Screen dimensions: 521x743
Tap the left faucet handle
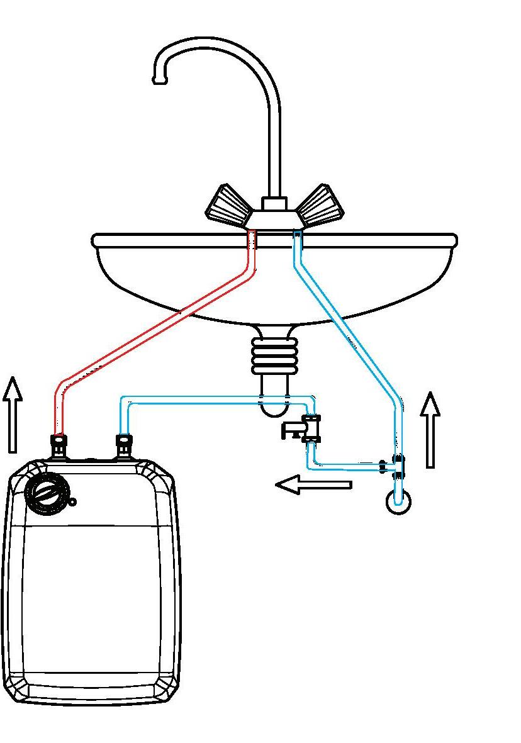226,206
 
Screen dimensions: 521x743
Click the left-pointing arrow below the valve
313,484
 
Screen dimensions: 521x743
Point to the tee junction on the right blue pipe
397,466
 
